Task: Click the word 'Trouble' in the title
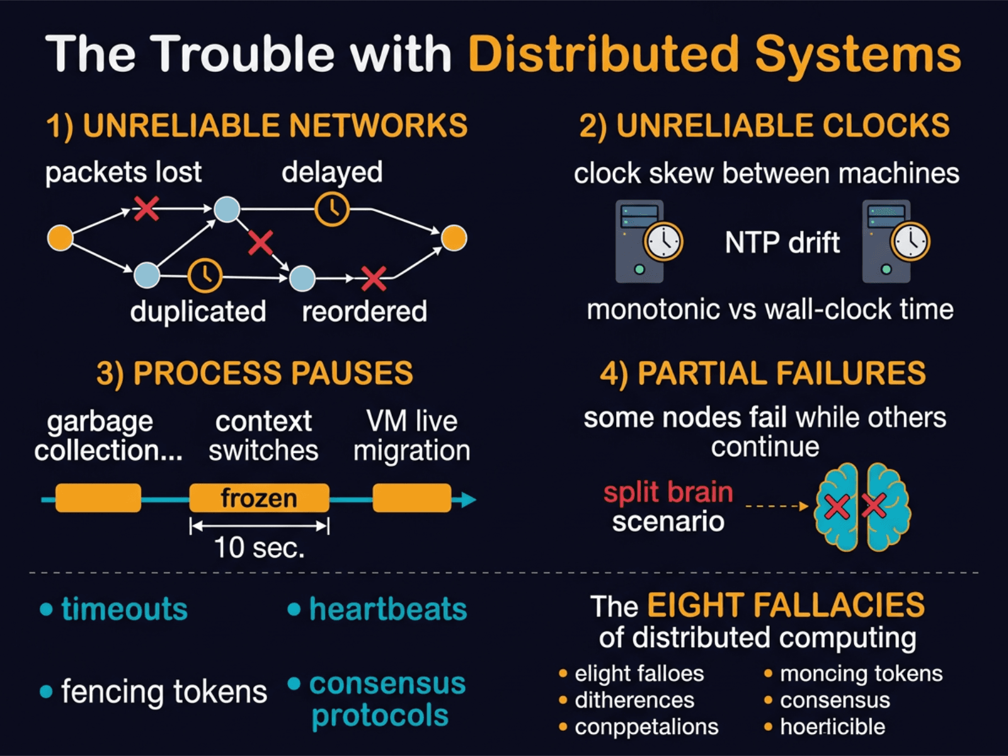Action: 243,54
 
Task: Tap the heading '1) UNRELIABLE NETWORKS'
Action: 256,125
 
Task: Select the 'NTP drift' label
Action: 782,243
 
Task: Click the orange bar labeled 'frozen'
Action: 259,498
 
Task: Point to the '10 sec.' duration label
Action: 259,547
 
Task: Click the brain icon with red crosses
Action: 861,507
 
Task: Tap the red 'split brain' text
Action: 668,492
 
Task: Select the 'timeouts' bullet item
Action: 123,609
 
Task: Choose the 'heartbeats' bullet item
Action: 387,609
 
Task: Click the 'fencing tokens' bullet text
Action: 163,691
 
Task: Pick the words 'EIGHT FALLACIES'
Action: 785,605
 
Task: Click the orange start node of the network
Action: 60,238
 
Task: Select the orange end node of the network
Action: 454,238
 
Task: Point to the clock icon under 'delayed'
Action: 332,209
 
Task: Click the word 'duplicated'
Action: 198,311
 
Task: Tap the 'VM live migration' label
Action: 411,436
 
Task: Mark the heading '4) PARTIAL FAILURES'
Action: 762,373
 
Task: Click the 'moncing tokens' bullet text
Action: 861,673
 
